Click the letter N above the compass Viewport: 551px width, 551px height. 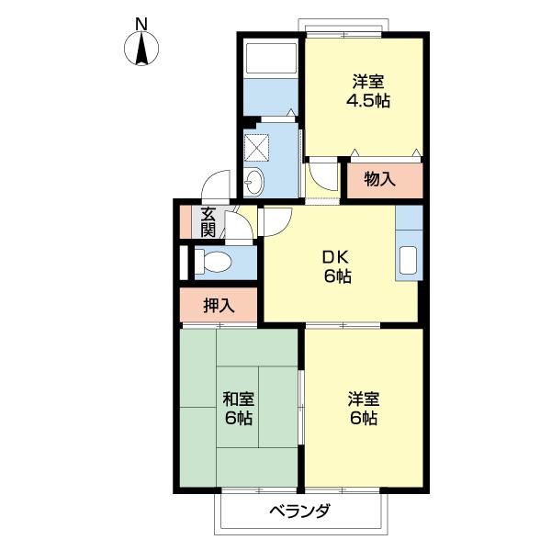(141, 24)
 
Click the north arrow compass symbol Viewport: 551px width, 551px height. (141, 49)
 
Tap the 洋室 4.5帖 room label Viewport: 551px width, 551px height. (368, 91)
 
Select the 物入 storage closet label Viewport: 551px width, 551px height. (380, 180)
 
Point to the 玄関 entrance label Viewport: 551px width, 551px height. (208, 222)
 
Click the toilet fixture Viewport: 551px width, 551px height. (213, 262)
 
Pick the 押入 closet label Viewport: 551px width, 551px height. (219, 305)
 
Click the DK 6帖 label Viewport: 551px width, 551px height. (337, 267)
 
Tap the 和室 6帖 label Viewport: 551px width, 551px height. (238, 409)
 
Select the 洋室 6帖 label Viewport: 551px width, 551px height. (364, 409)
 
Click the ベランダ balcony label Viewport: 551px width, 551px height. (299, 511)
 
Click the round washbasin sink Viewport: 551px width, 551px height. (253, 182)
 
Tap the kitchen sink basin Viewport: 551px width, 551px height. (408, 260)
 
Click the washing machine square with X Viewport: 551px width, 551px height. (256, 146)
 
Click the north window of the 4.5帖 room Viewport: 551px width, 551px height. (343, 35)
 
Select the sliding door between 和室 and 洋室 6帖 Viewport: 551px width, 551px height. (301, 407)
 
